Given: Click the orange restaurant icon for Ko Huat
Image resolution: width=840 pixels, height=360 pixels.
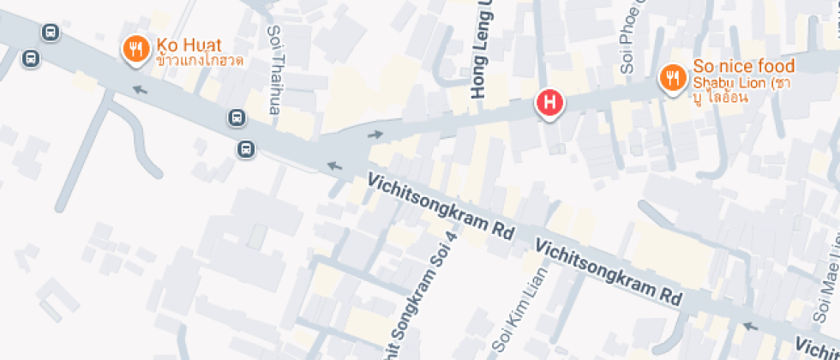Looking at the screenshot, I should pyautogui.click(x=135, y=51).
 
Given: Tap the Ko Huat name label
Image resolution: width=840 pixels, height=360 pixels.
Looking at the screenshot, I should pyautogui.click(x=189, y=45).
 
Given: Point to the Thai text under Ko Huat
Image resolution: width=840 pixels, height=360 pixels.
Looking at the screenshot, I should pyautogui.click(x=200, y=61).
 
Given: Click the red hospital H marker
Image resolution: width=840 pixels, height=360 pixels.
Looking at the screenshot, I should pyautogui.click(x=549, y=104).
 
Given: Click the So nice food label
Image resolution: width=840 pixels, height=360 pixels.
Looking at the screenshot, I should pyautogui.click(x=743, y=66).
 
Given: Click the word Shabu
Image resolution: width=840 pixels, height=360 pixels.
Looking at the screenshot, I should pyautogui.click(x=712, y=82).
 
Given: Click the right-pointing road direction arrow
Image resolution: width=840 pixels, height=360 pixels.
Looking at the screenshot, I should pyautogui.click(x=375, y=134).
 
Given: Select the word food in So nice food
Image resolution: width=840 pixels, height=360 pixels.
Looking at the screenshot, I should pyautogui.click(x=776, y=66).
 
